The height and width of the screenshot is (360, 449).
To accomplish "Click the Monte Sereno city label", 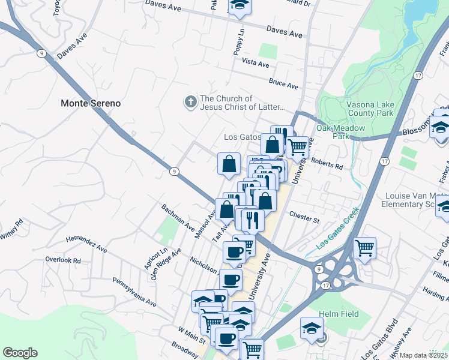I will tap(91, 103).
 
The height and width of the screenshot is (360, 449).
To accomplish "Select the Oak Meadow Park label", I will tap(333, 131).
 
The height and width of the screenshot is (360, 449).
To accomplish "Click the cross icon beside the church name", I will tap(190, 103).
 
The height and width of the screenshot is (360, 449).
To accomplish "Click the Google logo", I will tap(20, 353).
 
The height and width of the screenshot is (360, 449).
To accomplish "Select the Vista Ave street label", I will tap(255, 62).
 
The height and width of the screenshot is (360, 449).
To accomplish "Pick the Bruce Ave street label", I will tap(283, 85).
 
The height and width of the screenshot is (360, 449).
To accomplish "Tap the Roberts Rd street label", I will tap(327, 164).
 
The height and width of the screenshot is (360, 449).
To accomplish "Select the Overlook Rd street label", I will tap(62, 260).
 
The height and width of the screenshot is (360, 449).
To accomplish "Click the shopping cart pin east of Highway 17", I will tap(364, 248).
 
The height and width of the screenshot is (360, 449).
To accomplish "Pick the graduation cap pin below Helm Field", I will tap(312, 328).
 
